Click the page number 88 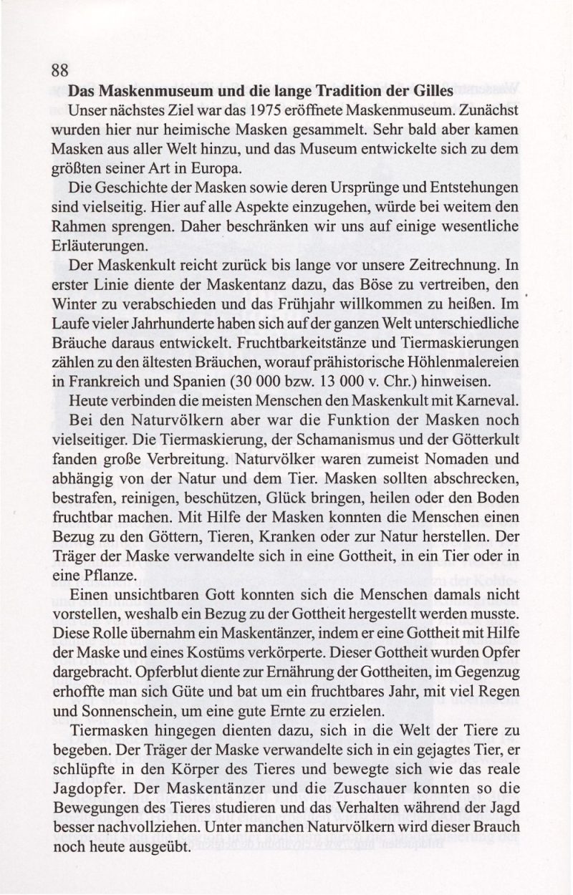[x=59, y=71]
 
